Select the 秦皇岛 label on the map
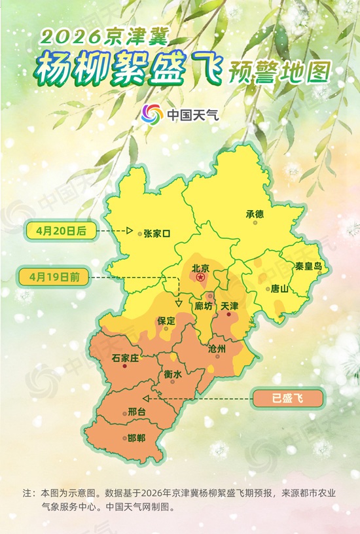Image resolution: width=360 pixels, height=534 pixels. click(308, 266)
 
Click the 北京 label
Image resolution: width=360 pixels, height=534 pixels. click(200, 268)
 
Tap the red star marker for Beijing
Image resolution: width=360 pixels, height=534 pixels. click(201, 278)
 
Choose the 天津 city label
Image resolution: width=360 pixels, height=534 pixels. click(230, 306)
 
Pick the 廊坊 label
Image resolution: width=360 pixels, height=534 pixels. click(204, 306)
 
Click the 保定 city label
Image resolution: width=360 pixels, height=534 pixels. click(166, 321)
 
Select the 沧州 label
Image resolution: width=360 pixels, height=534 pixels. click(216, 349)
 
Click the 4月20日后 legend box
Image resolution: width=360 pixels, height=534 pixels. click(61, 230)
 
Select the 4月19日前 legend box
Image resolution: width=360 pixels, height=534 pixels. click(58, 277)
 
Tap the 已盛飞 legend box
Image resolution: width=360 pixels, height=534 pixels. click(288, 397)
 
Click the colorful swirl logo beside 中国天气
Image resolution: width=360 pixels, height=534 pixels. click(152, 115)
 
